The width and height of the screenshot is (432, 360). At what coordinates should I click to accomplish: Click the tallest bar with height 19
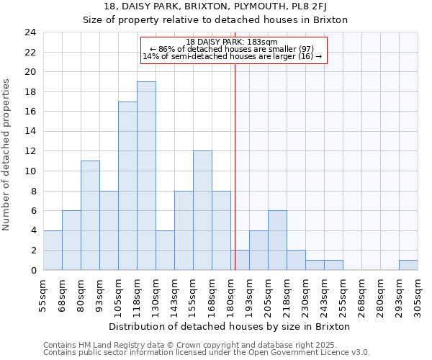coord(146,176)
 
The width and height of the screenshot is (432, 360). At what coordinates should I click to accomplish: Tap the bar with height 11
coord(90,215)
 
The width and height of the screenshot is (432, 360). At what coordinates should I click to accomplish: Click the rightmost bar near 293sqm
coord(408,265)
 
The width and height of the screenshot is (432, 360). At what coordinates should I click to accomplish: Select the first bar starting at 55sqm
coord(53,250)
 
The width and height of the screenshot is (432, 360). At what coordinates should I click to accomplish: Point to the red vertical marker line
coord(235,166)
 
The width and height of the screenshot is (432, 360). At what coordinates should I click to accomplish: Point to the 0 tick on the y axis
coord(33,270)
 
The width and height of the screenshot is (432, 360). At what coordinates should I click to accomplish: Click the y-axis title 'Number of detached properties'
coord(7,155)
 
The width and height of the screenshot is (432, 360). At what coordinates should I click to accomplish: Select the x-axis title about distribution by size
coord(230,326)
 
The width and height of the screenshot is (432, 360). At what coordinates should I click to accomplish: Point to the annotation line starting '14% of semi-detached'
coord(232,56)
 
